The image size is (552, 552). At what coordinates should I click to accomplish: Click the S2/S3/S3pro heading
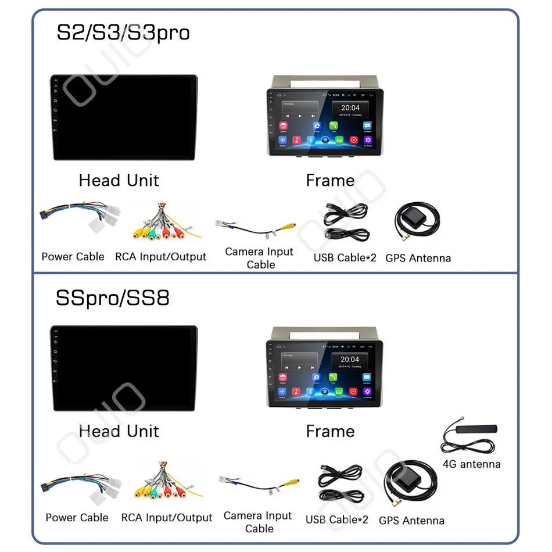tap(123, 33)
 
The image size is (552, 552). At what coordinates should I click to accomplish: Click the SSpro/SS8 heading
tap(112, 298)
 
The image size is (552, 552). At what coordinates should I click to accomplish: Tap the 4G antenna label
tap(471, 464)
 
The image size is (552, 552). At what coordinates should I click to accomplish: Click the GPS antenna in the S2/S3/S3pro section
tap(417, 224)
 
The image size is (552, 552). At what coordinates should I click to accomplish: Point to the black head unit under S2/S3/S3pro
tap(123, 117)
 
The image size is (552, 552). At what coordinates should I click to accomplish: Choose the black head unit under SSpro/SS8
tap(123, 368)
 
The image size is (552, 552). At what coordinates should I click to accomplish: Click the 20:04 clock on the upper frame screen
tap(350, 107)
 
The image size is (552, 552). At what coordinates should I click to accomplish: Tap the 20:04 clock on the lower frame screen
tap(350, 360)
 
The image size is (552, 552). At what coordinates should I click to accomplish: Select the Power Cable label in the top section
tap(73, 256)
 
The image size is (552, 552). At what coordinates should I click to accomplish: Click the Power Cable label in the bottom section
tap(77, 517)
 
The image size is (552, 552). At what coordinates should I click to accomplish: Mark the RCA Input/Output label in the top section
tap(160, 256)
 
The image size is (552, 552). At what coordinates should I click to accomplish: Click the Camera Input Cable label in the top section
tap(259, 258)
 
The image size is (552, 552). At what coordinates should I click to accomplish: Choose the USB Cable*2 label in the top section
tap(345, 257)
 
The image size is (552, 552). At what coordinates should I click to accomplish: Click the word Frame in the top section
tap(330, 181)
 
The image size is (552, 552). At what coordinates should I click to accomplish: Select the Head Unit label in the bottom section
tap(119, 431)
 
